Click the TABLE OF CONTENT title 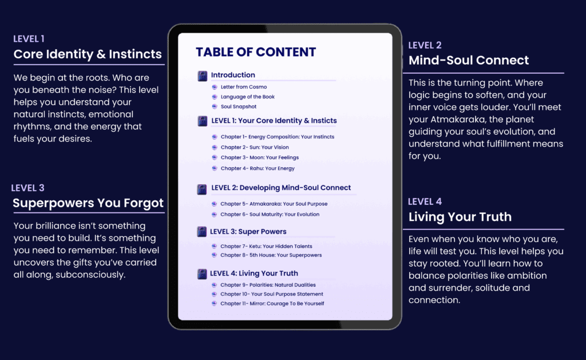(256, 52)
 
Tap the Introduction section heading (233, 75)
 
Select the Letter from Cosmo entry (244, 87)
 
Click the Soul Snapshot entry (239, 106)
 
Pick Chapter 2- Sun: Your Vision (255, 147)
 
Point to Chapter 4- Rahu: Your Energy (258, 168)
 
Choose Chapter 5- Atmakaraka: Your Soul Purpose (274, 204)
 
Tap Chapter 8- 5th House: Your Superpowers (271, 255)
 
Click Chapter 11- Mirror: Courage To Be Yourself (272, 303)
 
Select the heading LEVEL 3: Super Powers (248, 231)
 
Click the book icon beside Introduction (202, 76)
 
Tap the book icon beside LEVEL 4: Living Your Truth (202, 274)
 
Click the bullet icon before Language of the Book (215, 97)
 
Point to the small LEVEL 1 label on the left (29, 39)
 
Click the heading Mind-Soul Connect (469, 60)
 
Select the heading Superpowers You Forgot (88, 203)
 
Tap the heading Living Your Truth (460, 217)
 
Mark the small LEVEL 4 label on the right (425, 202)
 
